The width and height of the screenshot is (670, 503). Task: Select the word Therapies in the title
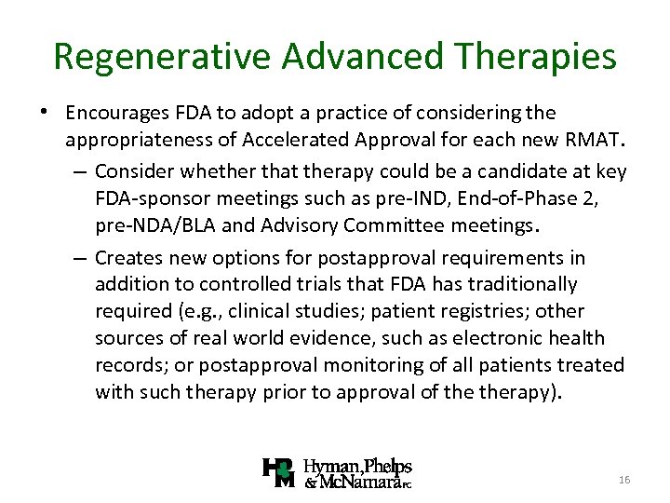tap(536, 57)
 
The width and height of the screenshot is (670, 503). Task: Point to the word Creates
tap(126, 257)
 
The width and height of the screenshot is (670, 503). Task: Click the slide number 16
tap(623, 479)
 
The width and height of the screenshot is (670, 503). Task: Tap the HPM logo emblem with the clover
tap(279, 473)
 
